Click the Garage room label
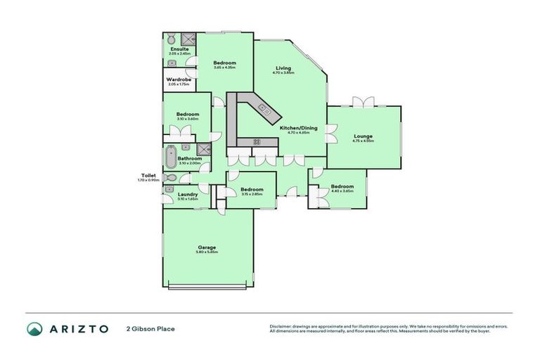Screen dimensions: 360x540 (x=207, y=247)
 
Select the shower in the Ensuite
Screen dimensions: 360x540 (x=187, y=39)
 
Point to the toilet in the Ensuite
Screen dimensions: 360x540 (x=171, y=38)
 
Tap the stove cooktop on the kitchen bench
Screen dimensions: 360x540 (x=257, y=141)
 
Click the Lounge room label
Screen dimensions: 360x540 (x=363, y=136)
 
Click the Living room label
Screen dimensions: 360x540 (x=283, y=67)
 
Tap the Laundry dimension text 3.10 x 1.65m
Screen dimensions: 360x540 (x=187, y=199)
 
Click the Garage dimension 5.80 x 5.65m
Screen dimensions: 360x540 (x=207, y=252)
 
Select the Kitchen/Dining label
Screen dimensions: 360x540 (x=299, y=127)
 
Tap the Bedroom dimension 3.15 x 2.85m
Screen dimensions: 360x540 (x=252, y=194)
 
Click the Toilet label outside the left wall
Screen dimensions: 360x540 (x=148, y=175)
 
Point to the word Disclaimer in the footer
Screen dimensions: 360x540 (x=282, y=326)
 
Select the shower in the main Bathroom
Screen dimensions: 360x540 (x=204, y=148)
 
